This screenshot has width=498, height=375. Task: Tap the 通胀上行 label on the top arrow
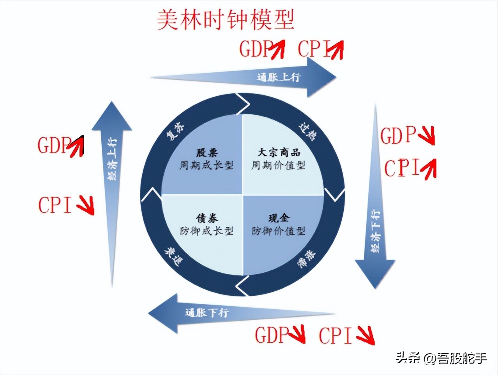click(278, 77)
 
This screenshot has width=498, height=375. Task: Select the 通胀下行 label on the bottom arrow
click(207, 312)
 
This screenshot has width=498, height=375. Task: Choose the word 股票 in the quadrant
click(207, 152)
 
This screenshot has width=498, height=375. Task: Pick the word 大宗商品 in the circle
click(279, 152)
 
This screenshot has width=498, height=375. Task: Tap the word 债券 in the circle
click(207, 218)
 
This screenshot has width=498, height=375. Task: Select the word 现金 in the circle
click(279, 218)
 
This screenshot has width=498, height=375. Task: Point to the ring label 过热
click(308, 131)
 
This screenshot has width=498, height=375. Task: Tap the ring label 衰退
click(173, 257)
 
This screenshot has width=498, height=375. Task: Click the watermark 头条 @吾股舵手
click(441, 357)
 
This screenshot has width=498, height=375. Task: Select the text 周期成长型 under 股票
click(207, 165)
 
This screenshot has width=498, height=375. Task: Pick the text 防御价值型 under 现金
click(279, 231)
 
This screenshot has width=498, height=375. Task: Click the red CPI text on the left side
click(55, 205)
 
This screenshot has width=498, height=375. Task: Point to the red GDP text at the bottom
click(272, 335)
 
